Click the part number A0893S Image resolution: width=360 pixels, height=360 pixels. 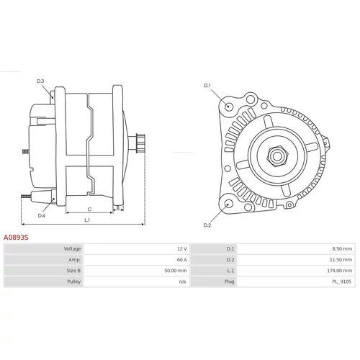tap(16, 238)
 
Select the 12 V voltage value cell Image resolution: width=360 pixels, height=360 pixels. tap(182, 248)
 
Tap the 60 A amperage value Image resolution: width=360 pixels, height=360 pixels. tap(182, 260)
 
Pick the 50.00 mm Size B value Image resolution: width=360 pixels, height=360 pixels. tap(176, 271)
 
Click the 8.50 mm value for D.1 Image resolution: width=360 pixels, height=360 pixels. tap(342, 248)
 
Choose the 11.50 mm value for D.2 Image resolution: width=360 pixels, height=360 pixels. tap(341, 260)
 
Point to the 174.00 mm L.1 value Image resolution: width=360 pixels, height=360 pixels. tap(340, 271)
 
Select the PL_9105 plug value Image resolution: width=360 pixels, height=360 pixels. tap(341, 282)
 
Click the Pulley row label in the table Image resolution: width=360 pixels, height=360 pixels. tap(73, 282)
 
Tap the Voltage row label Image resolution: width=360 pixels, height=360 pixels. tap(72, 248)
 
